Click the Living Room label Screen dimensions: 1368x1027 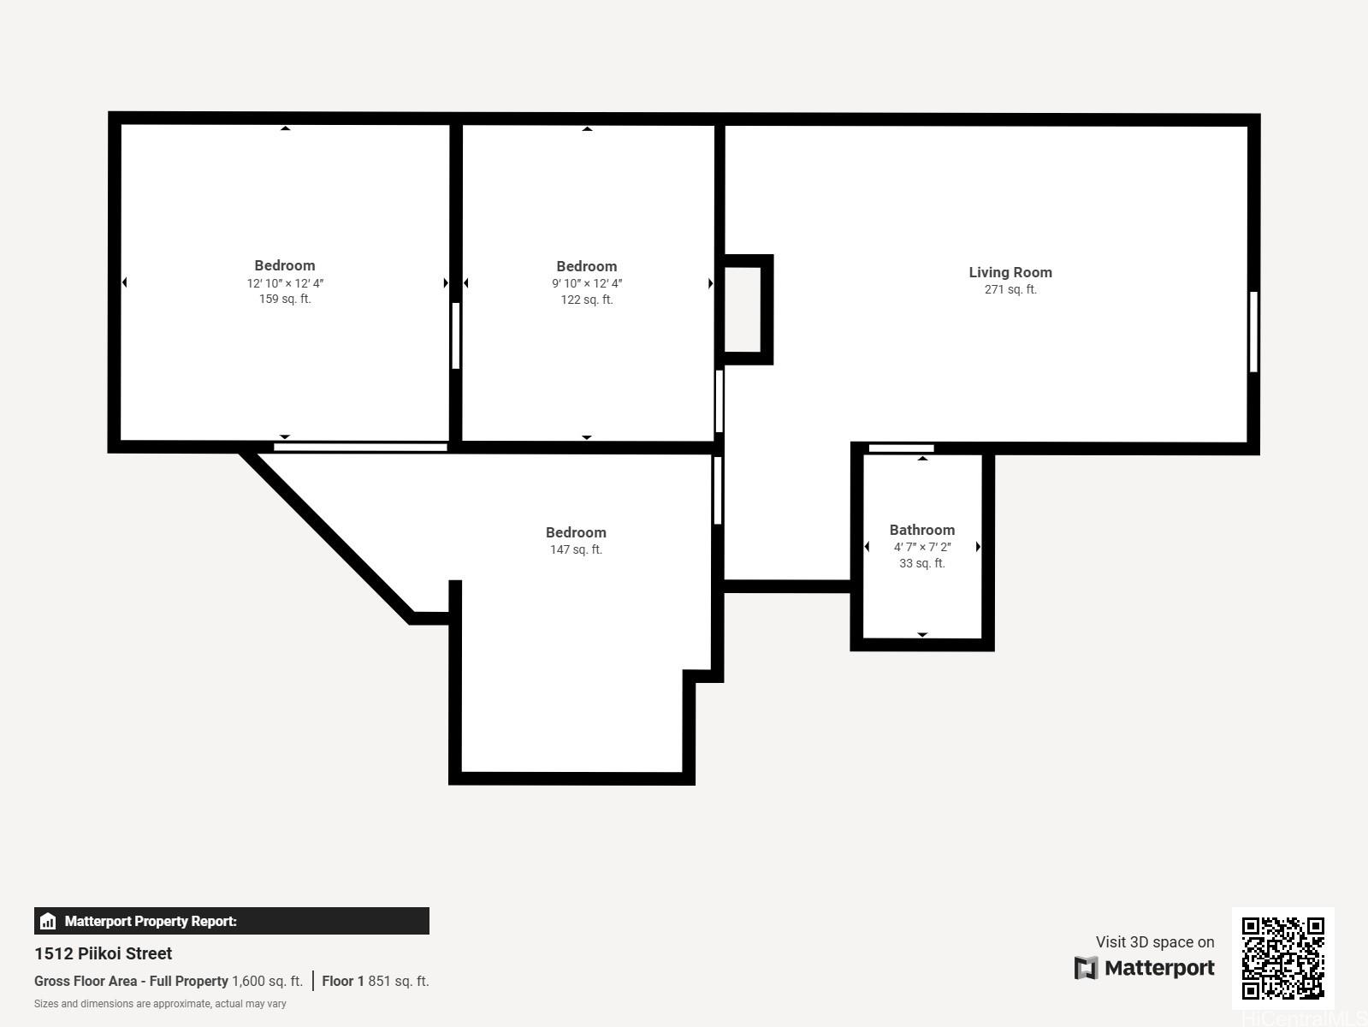click(x=1010, y=272)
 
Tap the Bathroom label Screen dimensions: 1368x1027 click(x=921, y=531)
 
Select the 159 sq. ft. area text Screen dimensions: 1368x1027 click(x=285, y=300)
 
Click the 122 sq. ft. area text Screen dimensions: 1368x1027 click(x=586, y=300)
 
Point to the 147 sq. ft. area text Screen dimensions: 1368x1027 click(x=576, y=549)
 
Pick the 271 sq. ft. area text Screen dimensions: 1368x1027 click(x=1010, y=289)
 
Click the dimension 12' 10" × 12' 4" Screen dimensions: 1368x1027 click(x=285, y=283)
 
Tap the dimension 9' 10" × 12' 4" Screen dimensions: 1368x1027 click(x=586, y=283)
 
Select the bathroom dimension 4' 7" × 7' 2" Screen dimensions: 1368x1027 click(x=921, y=547)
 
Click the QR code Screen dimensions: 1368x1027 click(x=1282, y=958)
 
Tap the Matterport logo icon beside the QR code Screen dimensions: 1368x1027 click(x=1086, y=968)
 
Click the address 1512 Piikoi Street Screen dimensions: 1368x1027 click(x=103, y=953)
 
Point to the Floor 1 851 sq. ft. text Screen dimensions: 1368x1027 click(x=376, y=981)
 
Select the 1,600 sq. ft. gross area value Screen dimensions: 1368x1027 click(x=268, y=981)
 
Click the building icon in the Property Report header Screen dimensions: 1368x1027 click(x=48, y=921)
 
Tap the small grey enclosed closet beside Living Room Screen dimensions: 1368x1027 click(x=743, y=310)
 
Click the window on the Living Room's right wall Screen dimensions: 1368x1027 click(x=1253, y=332)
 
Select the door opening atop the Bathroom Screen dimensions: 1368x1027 click(x=901, y=448)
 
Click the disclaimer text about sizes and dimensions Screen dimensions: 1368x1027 click(x=160, y=1004)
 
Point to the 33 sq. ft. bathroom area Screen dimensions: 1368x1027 click(x=921, y=563)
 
